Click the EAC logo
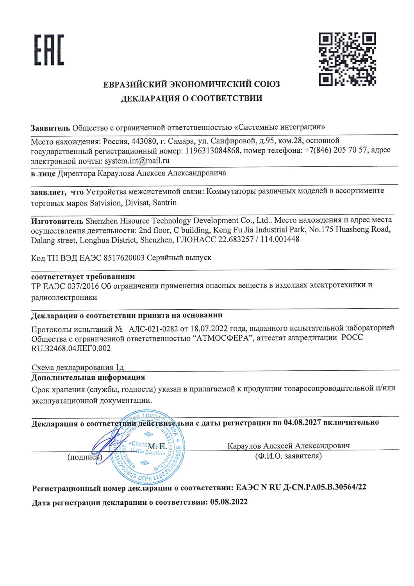(x=49, y=50)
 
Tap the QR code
(x=347, y=59)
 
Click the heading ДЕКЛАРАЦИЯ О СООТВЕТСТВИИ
(x=191, y=98)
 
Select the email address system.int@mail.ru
(x=137, y=161)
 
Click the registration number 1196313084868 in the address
(x=212, y=151)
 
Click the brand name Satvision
(x=105, y=203)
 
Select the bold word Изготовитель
(x=57, y=221)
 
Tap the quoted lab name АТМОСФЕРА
(x=222, y=338)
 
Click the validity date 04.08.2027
(x=302, y=422)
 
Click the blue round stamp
(x=148, y=448)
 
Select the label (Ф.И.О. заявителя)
(x=288, y=456)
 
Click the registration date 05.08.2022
(x=229, y=502)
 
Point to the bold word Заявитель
(x=50, y=128)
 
